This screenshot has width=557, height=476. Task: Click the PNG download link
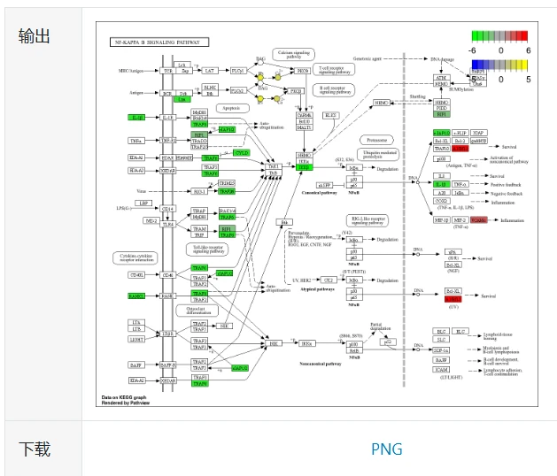pos(386,449)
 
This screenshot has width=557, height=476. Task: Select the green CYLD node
pos(240,153)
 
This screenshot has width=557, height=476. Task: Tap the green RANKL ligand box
pos(136,296)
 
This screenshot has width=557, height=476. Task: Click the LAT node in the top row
pos(210,70)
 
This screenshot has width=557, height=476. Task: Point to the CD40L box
pos(136,274)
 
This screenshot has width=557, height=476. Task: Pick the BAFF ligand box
pos(136,365)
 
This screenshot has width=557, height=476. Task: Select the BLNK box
pos(210,88)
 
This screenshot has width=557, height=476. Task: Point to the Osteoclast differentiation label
pos(197,311)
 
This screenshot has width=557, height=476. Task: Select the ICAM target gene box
pos(440,371)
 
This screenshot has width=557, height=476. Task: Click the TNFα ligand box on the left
pos(136,141)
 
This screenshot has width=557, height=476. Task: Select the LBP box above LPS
pos(143,203)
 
